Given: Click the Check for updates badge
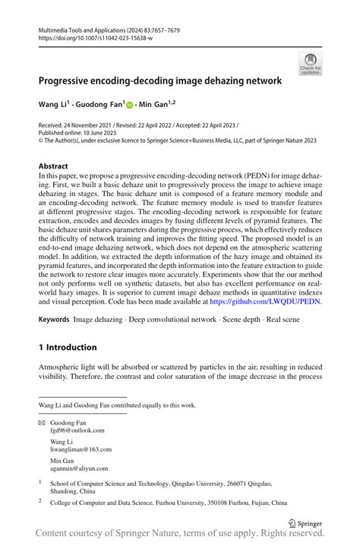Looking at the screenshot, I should coord(310,64).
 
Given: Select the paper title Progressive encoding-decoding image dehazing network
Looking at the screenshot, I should coord(160,79).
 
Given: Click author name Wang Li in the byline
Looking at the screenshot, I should coord(54,103).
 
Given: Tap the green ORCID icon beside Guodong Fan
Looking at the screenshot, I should coord(129,103).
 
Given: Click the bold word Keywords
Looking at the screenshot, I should coord(53,320).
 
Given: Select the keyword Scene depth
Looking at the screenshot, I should coord(237,320).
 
